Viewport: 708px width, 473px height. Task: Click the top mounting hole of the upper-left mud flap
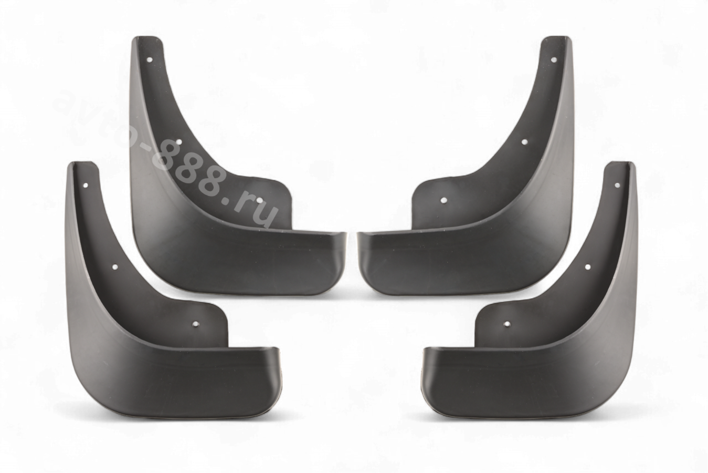click(150, 59)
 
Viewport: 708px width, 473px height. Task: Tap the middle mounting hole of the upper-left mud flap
click(179, 142)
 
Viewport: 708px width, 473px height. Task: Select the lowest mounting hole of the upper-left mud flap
click(260, 200)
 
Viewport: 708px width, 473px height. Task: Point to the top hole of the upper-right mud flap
click(553, 59)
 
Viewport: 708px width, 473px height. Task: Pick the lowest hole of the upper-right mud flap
click(443, 200)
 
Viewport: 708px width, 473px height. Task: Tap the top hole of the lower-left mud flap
click(86, 185)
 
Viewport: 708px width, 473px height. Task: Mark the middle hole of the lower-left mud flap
click(115, 267)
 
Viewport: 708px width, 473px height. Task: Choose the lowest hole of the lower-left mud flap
click(196, 324)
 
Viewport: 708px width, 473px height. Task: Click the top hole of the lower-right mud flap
click(617, 185)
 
